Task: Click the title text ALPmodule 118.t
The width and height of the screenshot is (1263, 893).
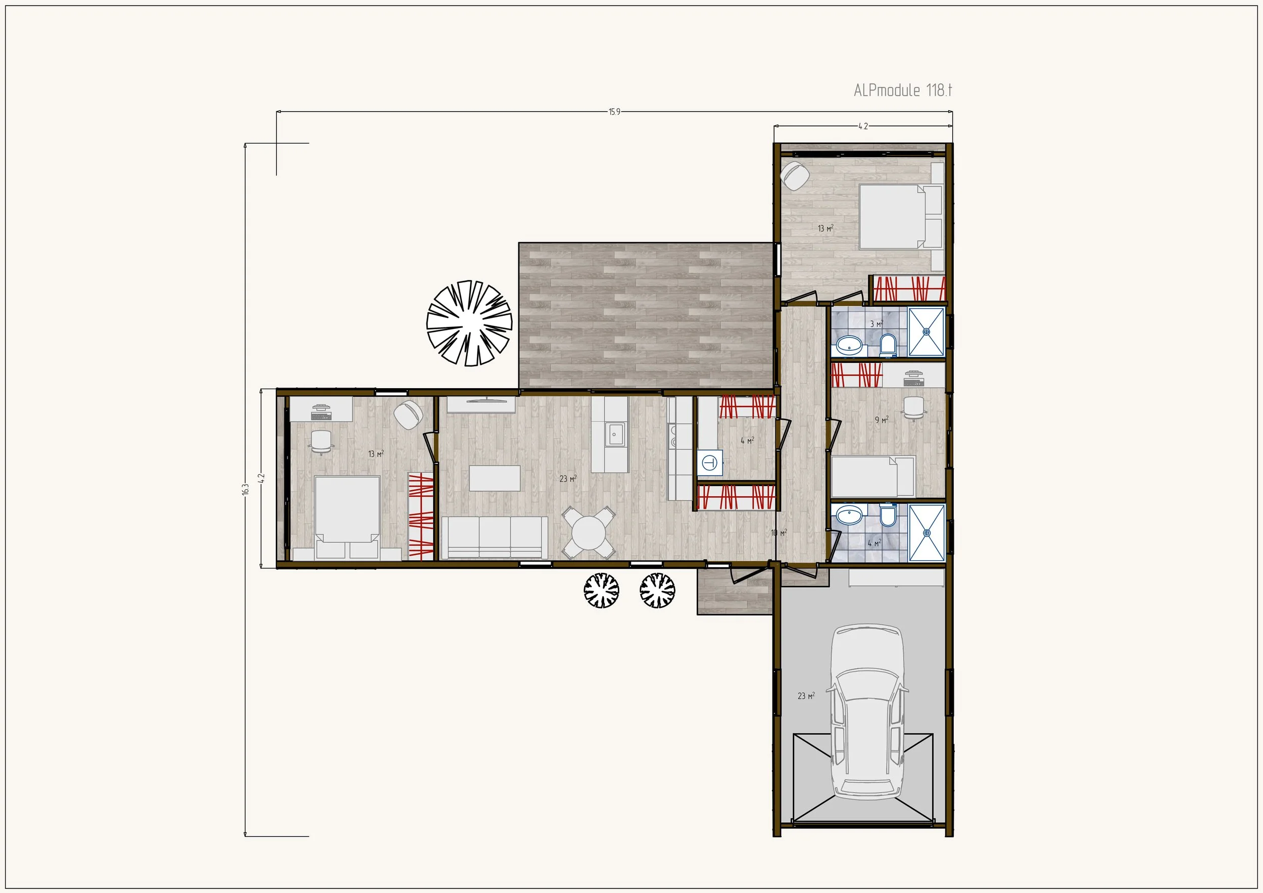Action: tap(903, 90)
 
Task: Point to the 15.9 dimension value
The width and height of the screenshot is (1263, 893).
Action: tap(614, 112)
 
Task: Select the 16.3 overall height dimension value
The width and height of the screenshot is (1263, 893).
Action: tap(246, 489)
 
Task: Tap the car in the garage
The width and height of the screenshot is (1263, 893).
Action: tap(867, 712)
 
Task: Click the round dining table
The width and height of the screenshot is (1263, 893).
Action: tap(589, 532)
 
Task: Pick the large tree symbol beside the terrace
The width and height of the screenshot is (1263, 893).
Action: tap(469, 323)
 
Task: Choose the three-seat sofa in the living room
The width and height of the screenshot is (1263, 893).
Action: tap(495, 538)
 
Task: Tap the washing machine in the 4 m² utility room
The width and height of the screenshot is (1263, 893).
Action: tap(710, 463)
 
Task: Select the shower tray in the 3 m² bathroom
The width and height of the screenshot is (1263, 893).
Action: tap(927, 332)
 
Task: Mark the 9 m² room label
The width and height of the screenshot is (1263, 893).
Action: tap(882, 420)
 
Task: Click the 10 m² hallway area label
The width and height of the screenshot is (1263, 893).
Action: tap(779, 533)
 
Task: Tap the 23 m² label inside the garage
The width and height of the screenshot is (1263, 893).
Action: tap(806, 696)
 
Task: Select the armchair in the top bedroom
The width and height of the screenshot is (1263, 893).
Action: tap(795, 175)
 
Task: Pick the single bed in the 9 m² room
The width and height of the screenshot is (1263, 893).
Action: tap(873, 477)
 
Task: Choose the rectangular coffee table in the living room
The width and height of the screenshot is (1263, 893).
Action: tap(495, 478)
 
